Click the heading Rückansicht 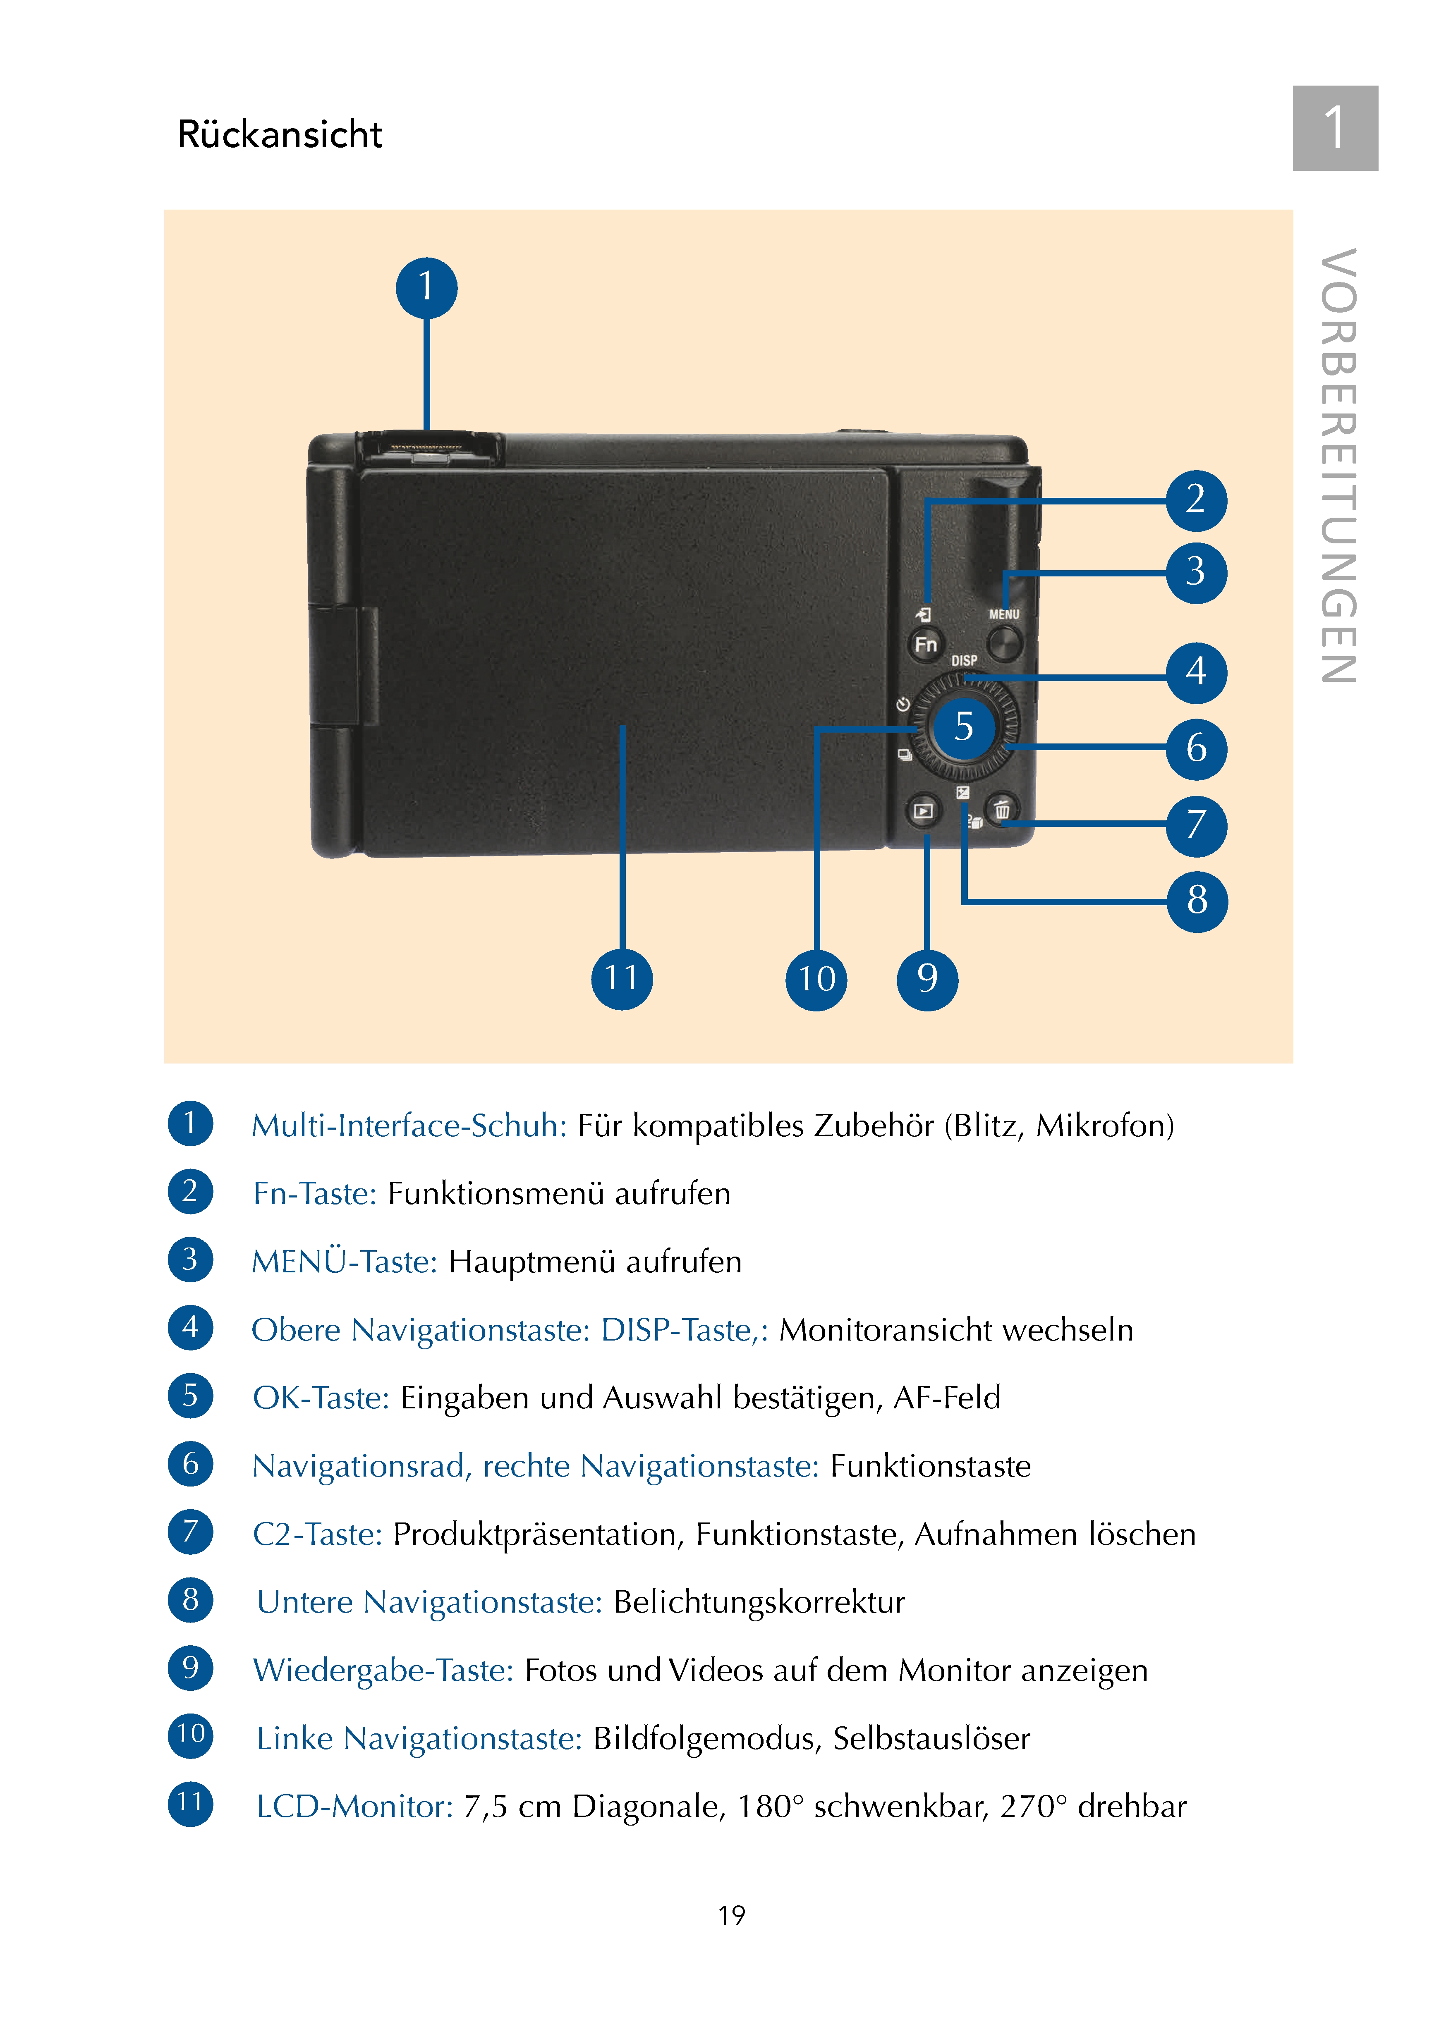click(x=280, y=134)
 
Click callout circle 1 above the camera click(x=426, y=287)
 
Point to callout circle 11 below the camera click(x=622, y=978)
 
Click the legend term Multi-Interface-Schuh click(x=409, y=1126)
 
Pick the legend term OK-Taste click(x=321, y=1398)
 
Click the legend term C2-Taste click(x=317, y=1534)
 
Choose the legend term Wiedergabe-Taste click(x=383, y=1671)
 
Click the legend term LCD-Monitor click(x=354, y=1807)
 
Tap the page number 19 click(x=731, y=1915)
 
